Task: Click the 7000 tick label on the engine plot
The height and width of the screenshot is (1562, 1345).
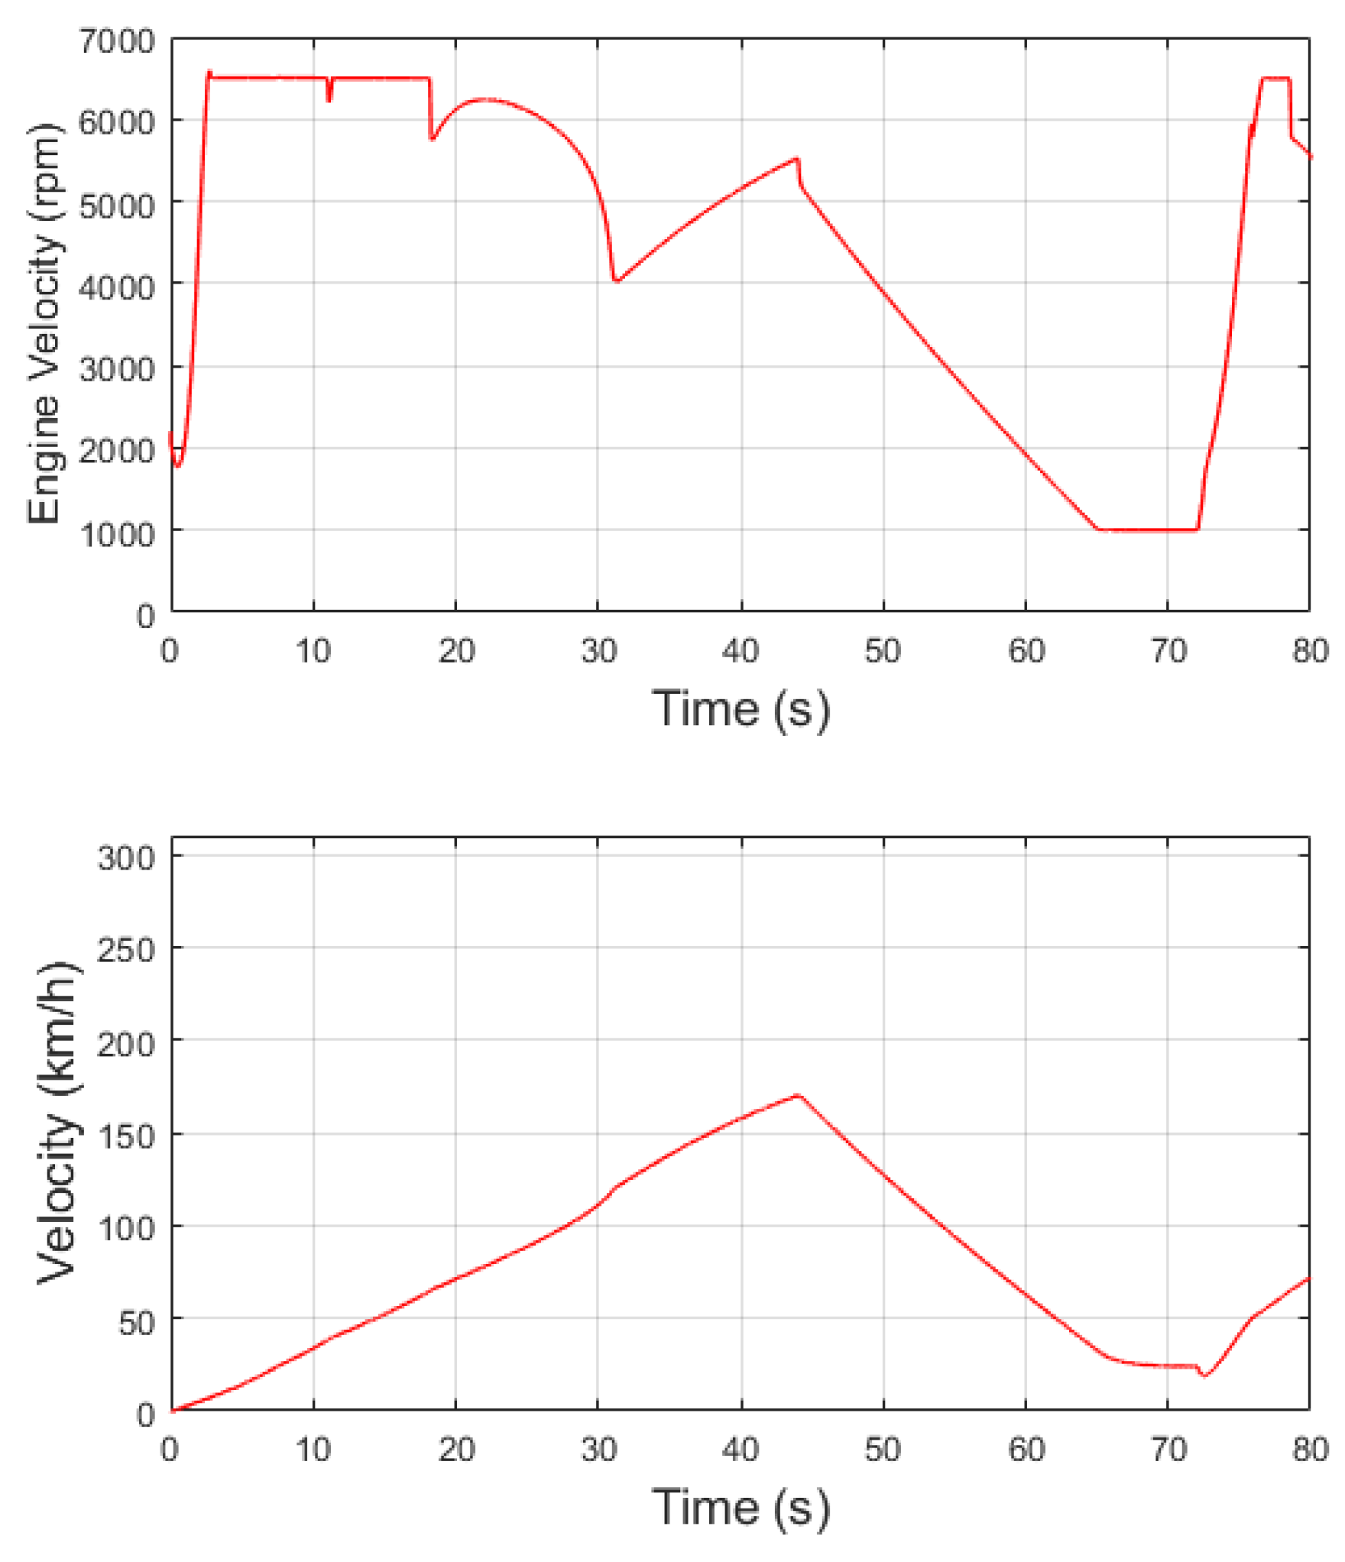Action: coord(116,41)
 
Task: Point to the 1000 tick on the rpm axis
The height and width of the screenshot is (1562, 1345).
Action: coord(116,533)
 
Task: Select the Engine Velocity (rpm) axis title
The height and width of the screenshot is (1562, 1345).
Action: coord(44,324)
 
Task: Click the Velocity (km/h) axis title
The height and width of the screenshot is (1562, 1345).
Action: coord(57,1123)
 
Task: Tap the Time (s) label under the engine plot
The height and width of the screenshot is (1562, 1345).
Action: coord(740,708)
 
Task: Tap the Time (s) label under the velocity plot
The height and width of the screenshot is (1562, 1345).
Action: coord(740,1507)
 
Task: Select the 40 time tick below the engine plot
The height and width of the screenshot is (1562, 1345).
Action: coord(740,651)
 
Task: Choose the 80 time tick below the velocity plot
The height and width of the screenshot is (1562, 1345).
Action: coord(1310,1449)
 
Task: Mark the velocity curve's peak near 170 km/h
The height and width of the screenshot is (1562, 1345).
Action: coord(797,1095)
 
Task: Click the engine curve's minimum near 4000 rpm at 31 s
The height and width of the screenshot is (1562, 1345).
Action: coord(616,280)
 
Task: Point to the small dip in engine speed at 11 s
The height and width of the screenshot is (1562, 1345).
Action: coord(329,99)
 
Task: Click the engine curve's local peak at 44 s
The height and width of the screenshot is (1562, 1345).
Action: coord(797,159)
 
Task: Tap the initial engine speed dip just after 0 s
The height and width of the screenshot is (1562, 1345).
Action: coord(178,465)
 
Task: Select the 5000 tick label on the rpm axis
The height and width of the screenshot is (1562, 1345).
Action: coord(116,205)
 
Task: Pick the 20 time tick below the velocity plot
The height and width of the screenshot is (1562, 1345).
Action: coord(456,1449)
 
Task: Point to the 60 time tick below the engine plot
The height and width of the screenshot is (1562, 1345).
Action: coord(1026,651)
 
